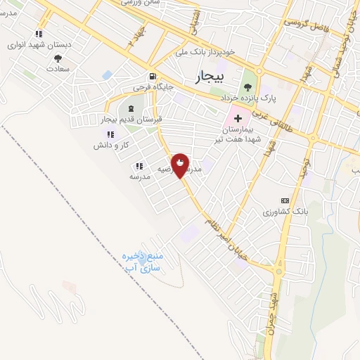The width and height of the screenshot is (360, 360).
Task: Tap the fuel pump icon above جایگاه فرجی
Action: point(152,77)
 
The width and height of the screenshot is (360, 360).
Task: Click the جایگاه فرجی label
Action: point(150,89)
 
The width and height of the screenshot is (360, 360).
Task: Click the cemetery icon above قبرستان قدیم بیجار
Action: point(131,108)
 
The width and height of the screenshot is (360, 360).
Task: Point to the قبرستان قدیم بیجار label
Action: point(132,120)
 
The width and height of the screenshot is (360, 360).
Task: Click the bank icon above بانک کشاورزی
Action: point(284,200)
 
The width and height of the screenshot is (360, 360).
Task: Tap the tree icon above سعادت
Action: point(58,59)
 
